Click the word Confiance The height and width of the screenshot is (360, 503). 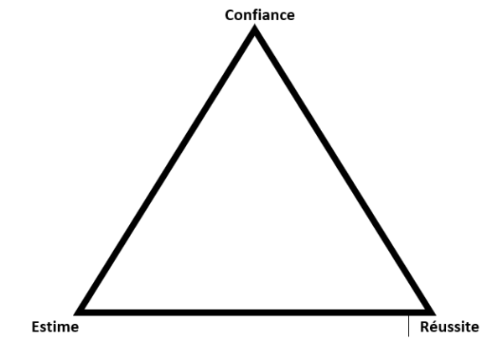(x=260, y=15)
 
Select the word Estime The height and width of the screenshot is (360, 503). (x=55, y=327)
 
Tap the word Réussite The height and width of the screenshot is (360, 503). (x=449, y=326)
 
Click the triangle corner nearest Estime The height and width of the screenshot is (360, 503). (x=76, y=314)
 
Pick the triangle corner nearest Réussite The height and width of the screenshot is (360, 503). (x=433, y=314)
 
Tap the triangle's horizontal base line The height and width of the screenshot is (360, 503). (x=255, y=313)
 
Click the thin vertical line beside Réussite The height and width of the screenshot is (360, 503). (x=409, y=326)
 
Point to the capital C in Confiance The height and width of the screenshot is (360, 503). (x=230, y=15)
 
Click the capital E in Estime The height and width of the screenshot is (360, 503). (x=35, y=327)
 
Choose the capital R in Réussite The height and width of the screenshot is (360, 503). (x=424, y=327)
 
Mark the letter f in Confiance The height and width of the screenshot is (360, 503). (x=254, y=15)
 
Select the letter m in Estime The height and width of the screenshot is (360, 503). (x=64, y=328)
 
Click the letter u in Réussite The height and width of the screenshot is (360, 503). (x=442, y=328)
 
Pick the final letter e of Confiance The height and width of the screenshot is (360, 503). (x=291, y=17)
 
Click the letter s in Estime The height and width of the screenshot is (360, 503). (x=43, y=328)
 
